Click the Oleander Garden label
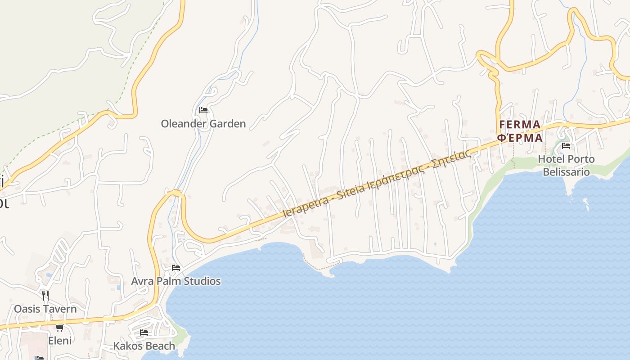coord(203,124)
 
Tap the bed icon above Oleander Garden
coord(203,110)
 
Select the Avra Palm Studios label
coord(176,281)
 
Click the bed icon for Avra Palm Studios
coord(176,267)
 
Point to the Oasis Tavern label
coord(45,309)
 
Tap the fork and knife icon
coord(45,295)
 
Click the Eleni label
coord(60,341)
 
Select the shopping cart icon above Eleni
coord(59,328)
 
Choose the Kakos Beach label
coord(144,346)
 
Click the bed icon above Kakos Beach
coord(144,333)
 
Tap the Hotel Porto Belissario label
coord(567,166)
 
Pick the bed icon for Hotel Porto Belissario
coord(566,145)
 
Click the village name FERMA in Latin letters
coord(520,125)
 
